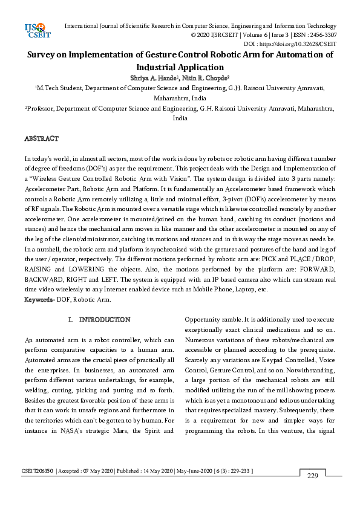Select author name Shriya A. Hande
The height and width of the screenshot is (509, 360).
click(146, 78)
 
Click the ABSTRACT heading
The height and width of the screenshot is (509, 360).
click(41, 138)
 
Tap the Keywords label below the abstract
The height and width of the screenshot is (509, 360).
click(38, 300)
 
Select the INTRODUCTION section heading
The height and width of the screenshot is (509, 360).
click(105, 319)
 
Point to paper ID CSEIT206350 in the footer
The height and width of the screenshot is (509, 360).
click(38, 470)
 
